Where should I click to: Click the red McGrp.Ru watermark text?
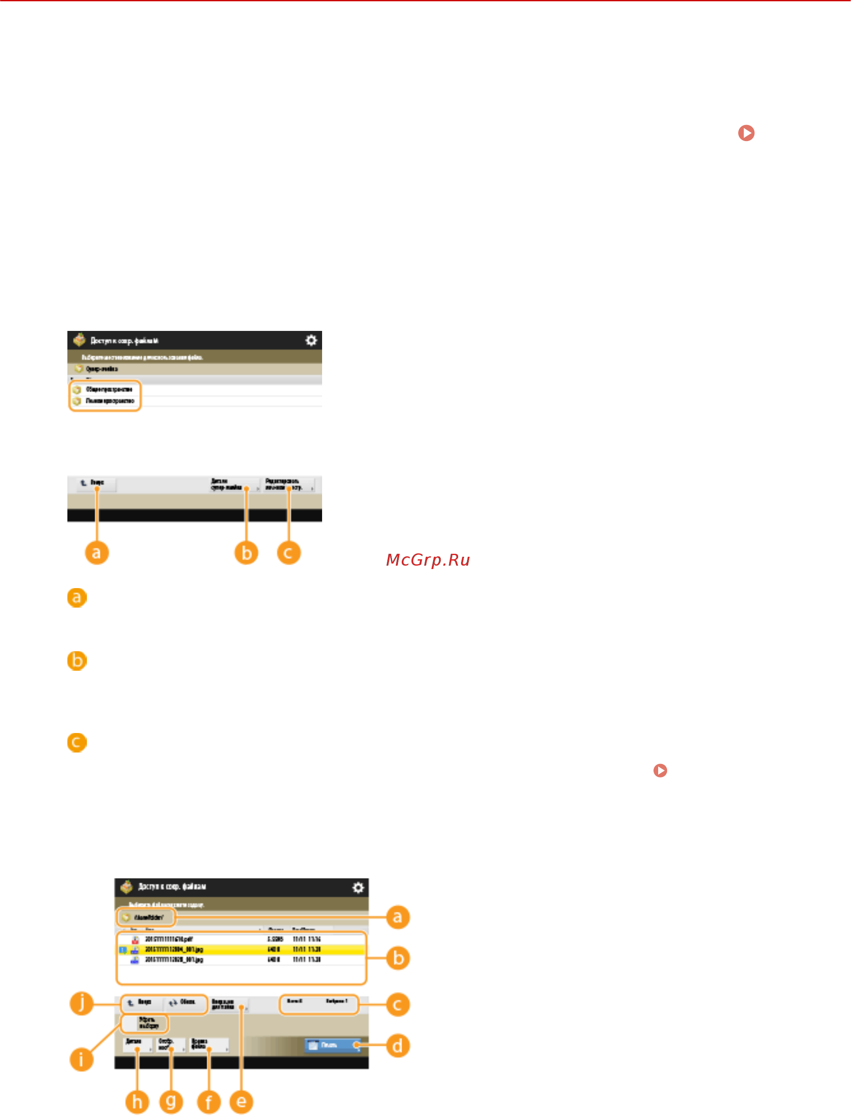[428, 560]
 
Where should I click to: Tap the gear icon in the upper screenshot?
[311, 340]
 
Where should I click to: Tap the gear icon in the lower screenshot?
[358, 888]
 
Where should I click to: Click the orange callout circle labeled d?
[398, 1045]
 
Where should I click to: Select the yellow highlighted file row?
[241, 950]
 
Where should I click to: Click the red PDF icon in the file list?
[135, 939]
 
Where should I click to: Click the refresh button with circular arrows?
[182, 1002]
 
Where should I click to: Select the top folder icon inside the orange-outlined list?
[77, 390]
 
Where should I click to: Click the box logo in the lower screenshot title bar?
[127, 886]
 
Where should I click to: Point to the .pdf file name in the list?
[169, 939]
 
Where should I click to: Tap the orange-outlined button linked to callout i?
[145, 1023]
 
